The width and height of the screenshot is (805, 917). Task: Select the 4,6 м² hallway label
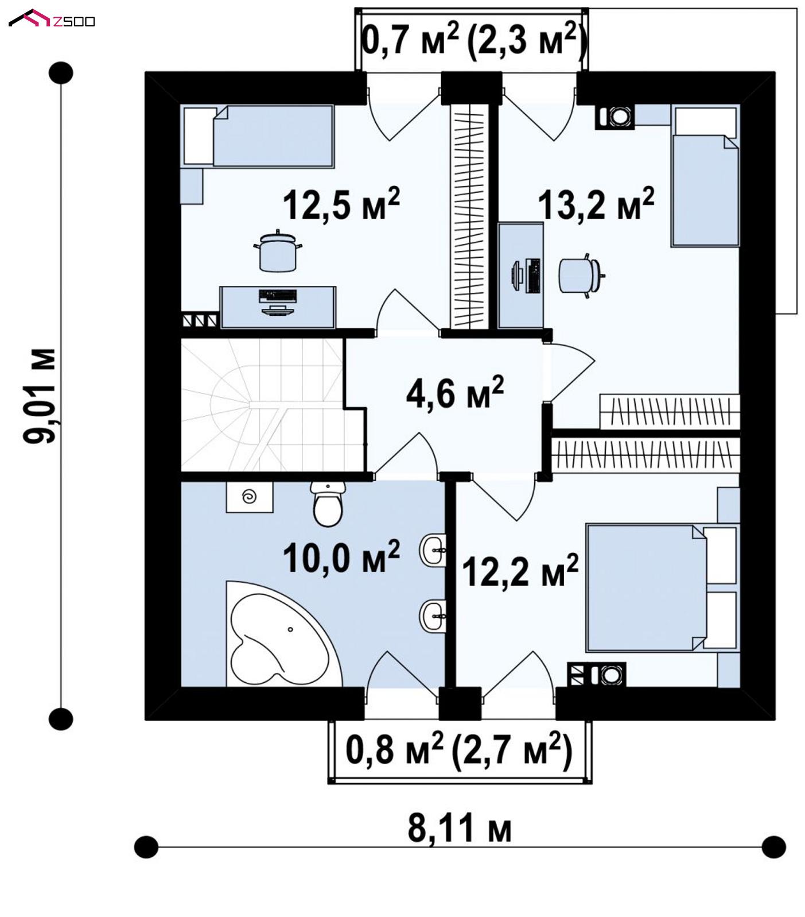click(x=454, y=393)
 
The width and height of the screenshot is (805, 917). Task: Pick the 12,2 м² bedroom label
click(x=520, y=570)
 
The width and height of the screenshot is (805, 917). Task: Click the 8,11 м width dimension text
click(x=460, y=829)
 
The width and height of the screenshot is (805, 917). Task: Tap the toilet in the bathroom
click(x=328, y=504)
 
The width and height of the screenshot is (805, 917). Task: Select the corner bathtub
click(x=283, y=634)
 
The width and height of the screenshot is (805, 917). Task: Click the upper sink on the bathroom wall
click(x=433, y=550)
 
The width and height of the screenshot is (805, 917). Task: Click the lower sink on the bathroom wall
click(x=433, y=616)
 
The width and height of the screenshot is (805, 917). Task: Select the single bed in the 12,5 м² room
click(x=258, y=136)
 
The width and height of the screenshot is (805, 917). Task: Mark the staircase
click(x=272, y=405)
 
